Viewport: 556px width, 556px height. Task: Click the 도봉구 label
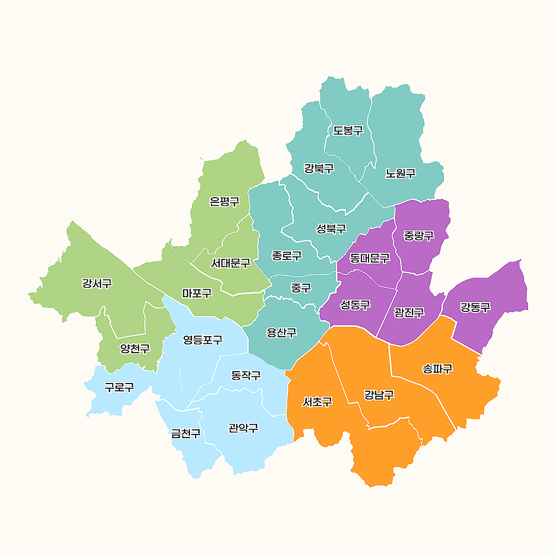pos(348,130)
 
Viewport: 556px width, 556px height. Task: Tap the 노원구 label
pos(401,173)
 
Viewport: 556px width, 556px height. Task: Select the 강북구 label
pos(319,168)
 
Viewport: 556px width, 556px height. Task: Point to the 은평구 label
pos(224,201)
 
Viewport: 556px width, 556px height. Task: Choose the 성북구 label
pos(331,229)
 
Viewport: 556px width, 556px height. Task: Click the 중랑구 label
pos(419,236)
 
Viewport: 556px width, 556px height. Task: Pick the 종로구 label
pos(287,255)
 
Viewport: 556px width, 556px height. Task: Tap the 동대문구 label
pos(369,258)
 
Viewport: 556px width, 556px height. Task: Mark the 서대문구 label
pos(230,263)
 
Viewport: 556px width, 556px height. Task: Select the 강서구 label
pos(97,283)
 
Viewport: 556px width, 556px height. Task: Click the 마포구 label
pos(197,293)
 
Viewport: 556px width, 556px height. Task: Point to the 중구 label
pos(301,288)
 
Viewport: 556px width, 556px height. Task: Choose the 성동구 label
pos(355,305)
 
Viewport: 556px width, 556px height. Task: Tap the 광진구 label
pos(409,312)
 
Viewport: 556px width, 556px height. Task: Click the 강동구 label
pos(475,307)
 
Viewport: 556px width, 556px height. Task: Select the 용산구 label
pos(282,333)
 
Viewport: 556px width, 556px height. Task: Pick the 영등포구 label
pos(203,340)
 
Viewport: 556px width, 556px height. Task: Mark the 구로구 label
pos(119,387)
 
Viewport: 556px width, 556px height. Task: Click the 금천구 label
pos(186,433)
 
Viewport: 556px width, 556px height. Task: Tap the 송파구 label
pos(437,369)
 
